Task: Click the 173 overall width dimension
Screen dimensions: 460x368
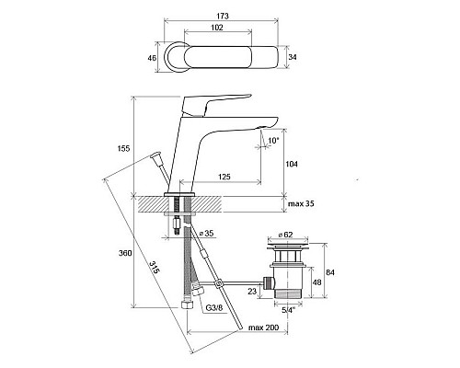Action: click(x=223, y=16)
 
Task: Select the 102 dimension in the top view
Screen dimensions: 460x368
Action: click(x=217, y=28)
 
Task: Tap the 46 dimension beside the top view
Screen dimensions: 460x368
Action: click(x=152, y=58)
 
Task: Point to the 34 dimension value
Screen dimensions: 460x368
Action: click(x=293, y=57)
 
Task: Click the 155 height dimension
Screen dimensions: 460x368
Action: click(x=124, y=148)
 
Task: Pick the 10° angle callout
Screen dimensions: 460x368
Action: click(x=273, y=141)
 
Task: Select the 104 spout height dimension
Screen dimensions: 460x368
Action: click(x=292, y=164)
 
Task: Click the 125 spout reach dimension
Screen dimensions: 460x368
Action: click(x=224, y=177)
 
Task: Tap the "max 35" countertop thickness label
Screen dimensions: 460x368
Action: click(x=301, y=203)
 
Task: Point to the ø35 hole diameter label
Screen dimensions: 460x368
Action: click(x=206, y=233)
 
